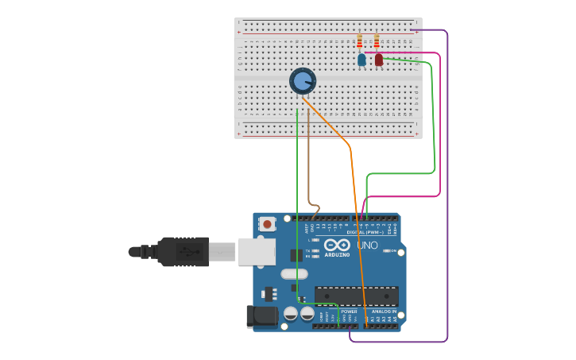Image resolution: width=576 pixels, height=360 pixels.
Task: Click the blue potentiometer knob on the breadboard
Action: point(303,81)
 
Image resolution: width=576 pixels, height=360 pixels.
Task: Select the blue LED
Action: point(361,60)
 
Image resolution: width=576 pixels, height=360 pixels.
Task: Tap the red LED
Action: point(379,60)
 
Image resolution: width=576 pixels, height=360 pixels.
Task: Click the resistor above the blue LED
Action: point(360,41)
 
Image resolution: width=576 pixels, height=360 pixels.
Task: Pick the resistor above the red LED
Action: point(377,41)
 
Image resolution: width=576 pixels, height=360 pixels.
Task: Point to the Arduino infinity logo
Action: point(337,245)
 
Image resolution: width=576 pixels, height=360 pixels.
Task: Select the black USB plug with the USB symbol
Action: point(184,251)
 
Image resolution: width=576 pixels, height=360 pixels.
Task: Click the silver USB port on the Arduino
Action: point(256,251)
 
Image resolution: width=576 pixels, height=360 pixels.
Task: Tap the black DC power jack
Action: point(262,316)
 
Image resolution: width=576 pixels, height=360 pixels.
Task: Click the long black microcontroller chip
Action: point(356,296)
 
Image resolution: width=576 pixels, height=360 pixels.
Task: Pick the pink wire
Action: point(439,127)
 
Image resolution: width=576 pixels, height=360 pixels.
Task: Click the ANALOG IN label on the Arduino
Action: point(385,312)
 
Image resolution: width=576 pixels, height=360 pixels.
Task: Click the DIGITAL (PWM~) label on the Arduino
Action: point(365,231)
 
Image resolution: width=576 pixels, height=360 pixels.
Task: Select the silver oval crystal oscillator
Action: point(294,273)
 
